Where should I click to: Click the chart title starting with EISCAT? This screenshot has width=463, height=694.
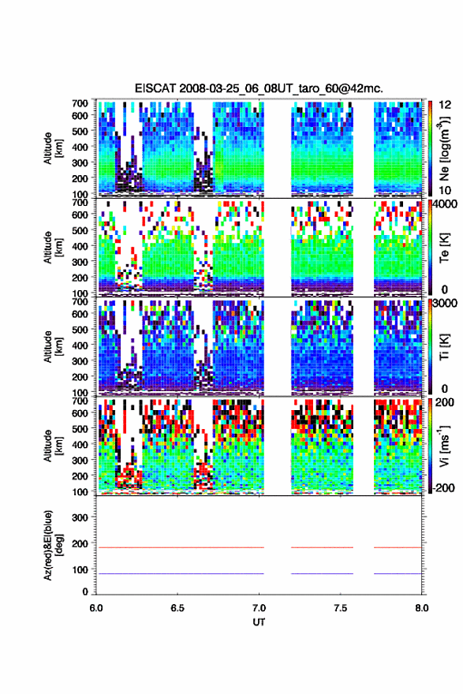(259, 88)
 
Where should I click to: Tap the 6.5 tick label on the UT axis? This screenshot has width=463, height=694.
(177, 608)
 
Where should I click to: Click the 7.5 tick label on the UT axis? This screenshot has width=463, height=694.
(341, 608)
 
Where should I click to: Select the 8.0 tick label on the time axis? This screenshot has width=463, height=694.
(422, 608)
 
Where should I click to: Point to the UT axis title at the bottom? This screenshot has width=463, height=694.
(259, 622)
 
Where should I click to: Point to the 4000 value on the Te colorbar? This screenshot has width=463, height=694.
(446, 205)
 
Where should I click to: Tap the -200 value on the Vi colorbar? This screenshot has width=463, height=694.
(443, 487)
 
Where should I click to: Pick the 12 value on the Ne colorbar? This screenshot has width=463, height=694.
(446, 105)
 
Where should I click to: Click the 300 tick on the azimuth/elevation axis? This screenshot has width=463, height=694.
(80, 517)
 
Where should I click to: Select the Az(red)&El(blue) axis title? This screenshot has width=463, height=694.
(53, 546)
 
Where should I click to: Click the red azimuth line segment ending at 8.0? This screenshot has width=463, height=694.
(398, 547)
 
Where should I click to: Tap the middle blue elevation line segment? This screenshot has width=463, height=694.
(323, 573)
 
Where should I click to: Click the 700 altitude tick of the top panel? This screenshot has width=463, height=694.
(80, 103)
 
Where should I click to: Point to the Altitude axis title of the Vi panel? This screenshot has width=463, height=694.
(53, 446)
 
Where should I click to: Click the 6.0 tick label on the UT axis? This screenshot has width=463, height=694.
(96, 608)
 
